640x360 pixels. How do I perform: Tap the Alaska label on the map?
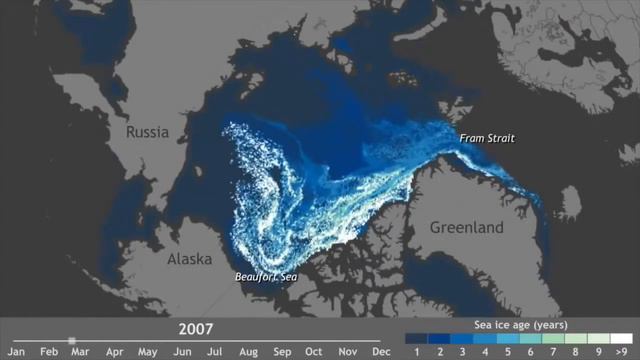[190, 259]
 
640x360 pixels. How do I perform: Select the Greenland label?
[467, 228]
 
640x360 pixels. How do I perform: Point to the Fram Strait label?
[487, 138]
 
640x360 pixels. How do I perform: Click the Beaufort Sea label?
[266, 277]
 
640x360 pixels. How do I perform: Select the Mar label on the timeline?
[80, 352]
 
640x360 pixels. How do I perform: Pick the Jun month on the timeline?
[181, 352]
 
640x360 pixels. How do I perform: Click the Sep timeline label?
[281, 352]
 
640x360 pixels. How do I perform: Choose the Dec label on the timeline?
[381, 352]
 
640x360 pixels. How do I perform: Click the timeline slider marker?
[72, 340]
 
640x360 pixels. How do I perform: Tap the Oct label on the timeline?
[314, 352]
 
